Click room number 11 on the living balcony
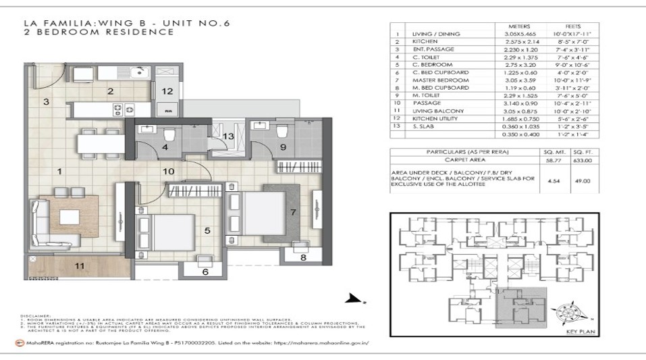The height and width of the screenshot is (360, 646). coord(80,266)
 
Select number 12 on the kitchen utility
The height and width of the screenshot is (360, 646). coord(167,91)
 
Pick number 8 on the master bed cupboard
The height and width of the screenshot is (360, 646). coord(303,257)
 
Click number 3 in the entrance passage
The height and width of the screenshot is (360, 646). coord(47,102)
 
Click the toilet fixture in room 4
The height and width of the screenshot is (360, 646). coord(169,137)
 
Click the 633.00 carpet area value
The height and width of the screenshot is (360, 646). coord(582,161)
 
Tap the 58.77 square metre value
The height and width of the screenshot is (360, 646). coord(553,161)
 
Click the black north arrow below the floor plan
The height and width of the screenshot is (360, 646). coord(350,298)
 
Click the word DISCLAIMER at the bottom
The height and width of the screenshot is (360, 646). coord(34,314)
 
